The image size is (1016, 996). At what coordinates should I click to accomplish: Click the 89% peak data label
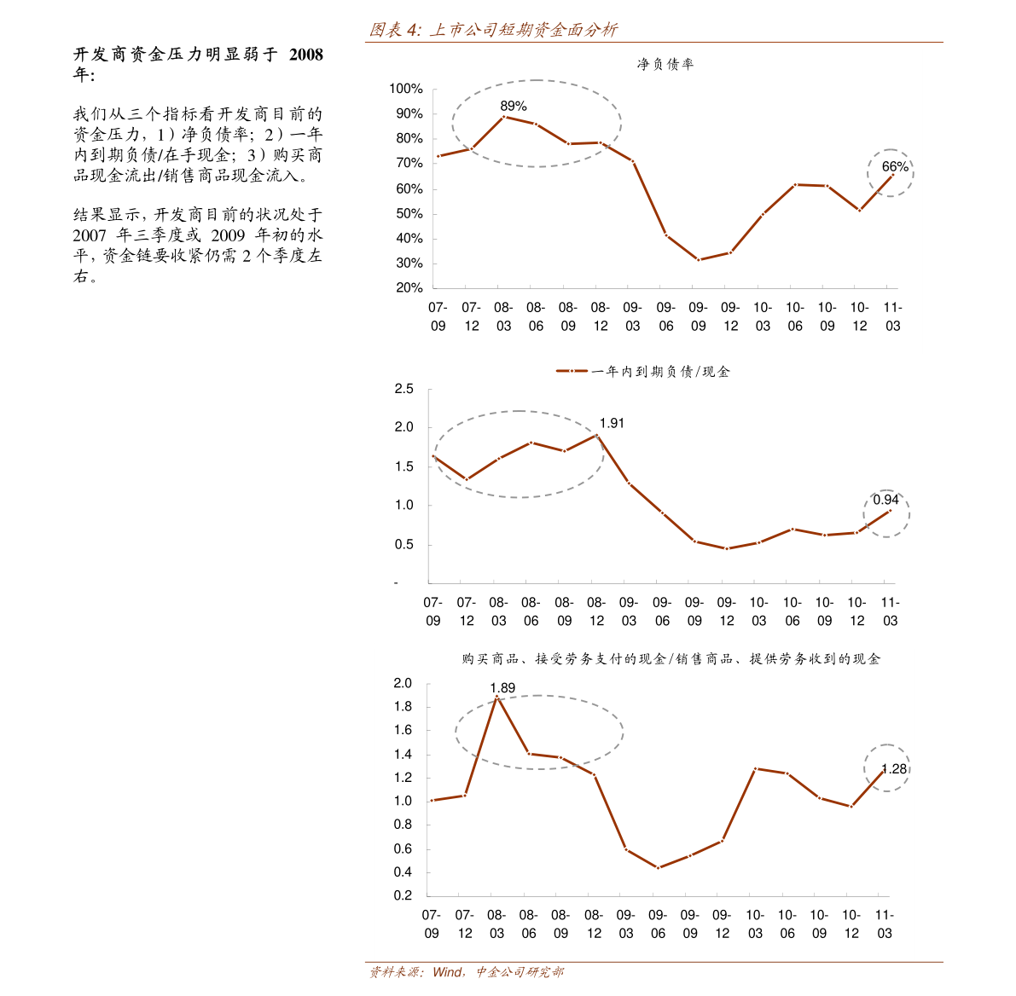[x=514, y=107]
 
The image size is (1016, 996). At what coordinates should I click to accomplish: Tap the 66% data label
[x=895, y=167]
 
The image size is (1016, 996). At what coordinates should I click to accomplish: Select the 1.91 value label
[x=612, y=423]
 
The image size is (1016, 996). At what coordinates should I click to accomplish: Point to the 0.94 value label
[x=885, y=500]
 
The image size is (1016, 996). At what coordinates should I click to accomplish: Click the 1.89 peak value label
[x=502, y=688]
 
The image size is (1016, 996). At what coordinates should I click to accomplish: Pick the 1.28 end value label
[x=894, y=769]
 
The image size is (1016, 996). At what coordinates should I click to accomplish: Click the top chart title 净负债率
[x=665, y=64]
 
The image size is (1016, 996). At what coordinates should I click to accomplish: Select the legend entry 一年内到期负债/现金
[x=644, y=372]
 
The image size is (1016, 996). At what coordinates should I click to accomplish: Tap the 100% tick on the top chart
[x=406, y=89]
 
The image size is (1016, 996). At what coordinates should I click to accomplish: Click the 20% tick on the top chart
[x=409, y=288]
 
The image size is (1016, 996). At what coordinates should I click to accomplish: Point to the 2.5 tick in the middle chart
[x=403, y=390]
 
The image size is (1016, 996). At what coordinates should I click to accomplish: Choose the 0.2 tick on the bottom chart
[x=403, y=896]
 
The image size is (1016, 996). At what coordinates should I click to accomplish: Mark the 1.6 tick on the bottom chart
[x=403, y=731]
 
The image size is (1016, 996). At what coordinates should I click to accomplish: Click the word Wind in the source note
[x=447, y=972]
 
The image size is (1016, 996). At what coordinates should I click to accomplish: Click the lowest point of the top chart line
[x=698, y=260]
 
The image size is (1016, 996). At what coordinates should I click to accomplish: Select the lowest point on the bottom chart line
[x=658, y=868]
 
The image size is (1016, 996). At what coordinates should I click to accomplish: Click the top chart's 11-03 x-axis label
[x=892, y=316]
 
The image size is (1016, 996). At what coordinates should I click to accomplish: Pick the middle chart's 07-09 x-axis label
[x=433, y=611]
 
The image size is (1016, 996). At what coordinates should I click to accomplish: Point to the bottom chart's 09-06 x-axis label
[x=658, y=924]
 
